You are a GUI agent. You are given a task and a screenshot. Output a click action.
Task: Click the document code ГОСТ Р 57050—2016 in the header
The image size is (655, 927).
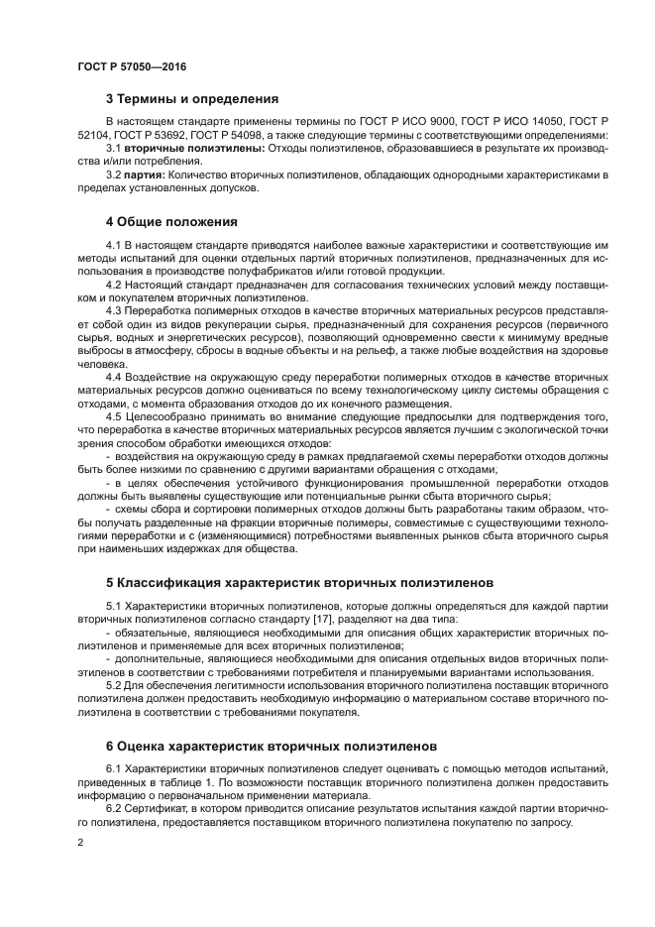point(132,66)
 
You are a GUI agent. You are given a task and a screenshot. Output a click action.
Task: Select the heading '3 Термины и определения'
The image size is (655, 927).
point(191,98)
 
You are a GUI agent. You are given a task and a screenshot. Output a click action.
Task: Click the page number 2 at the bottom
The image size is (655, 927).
point(80,842)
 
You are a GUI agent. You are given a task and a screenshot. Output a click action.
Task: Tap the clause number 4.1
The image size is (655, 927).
point(114,245)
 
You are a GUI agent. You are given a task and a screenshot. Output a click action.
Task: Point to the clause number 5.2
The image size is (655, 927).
point(114,686)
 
